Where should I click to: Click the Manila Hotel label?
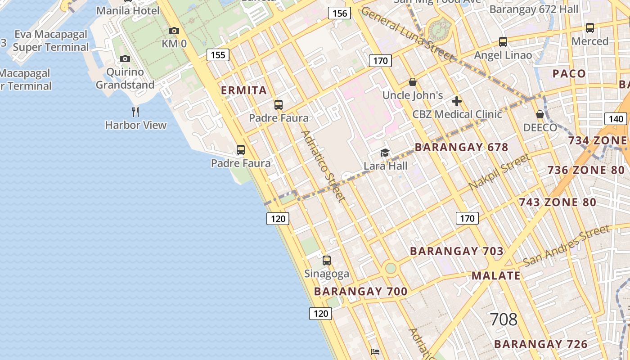click(x=128, y=10)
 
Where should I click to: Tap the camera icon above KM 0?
click(x=174, y=31)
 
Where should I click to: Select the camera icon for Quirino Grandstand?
click(x=125, y=59)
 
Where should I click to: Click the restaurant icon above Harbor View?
click(x=135, y=112)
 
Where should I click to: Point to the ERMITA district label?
click(x=244, y=90)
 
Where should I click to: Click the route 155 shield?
click(x=218, y=55)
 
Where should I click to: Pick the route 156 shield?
click(x=339, y=13)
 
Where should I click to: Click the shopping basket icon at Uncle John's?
click(x=412, y=82)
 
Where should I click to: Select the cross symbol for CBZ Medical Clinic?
click(x=457, y=101)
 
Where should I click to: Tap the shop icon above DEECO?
click(x=540, y=114)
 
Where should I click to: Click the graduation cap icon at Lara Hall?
click(x=385, y=153)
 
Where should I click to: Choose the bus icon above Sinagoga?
click(x=327, y=261)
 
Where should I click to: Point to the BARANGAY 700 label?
click(x=360, y=292)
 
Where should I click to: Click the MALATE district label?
click(x=496, y=276)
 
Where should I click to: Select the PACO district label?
click(x=569, y=74)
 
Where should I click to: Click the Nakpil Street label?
click(x=499, y=172)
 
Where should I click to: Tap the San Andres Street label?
click(x=567, y=246)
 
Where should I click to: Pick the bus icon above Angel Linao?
click(x=503, y=42)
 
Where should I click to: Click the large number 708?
click(x=503, y=319)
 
